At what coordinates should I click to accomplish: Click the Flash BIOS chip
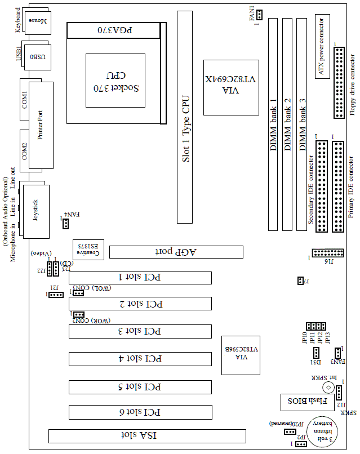coord(304,402)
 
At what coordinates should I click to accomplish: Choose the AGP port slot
coord(176,252)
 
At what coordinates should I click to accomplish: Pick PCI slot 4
coord(140,359)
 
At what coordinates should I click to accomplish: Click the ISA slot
coord(147,435)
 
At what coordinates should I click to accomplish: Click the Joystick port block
coord(35,209)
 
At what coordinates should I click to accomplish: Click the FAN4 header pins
coord(66,224)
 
